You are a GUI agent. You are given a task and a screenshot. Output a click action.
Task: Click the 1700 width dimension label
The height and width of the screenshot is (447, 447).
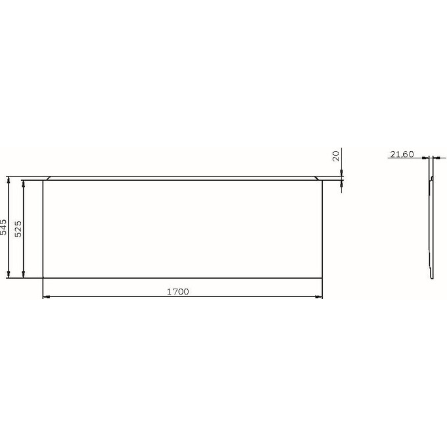pos(177,292)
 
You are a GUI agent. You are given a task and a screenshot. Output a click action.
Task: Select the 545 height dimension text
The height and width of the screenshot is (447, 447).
pos(3,227)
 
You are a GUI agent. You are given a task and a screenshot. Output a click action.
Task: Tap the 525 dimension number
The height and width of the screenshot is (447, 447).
pos(18,229)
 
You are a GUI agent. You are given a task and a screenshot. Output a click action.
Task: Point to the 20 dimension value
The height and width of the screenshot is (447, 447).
pos(337,156)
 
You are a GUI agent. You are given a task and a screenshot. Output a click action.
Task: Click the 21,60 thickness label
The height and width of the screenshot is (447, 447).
pos(402,154)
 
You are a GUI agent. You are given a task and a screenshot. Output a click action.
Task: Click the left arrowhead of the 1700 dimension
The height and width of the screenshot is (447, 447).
pos(46,296)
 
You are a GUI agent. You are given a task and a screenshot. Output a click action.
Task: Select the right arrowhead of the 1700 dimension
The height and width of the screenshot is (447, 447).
pos(319,296)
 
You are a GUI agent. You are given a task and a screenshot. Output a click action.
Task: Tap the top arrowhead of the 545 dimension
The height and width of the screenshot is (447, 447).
pos(9,180)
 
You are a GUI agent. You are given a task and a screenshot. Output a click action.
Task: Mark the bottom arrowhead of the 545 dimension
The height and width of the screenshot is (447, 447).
pos(9,274)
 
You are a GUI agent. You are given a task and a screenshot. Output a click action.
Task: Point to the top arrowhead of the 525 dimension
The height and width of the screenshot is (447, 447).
pos(24,184)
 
